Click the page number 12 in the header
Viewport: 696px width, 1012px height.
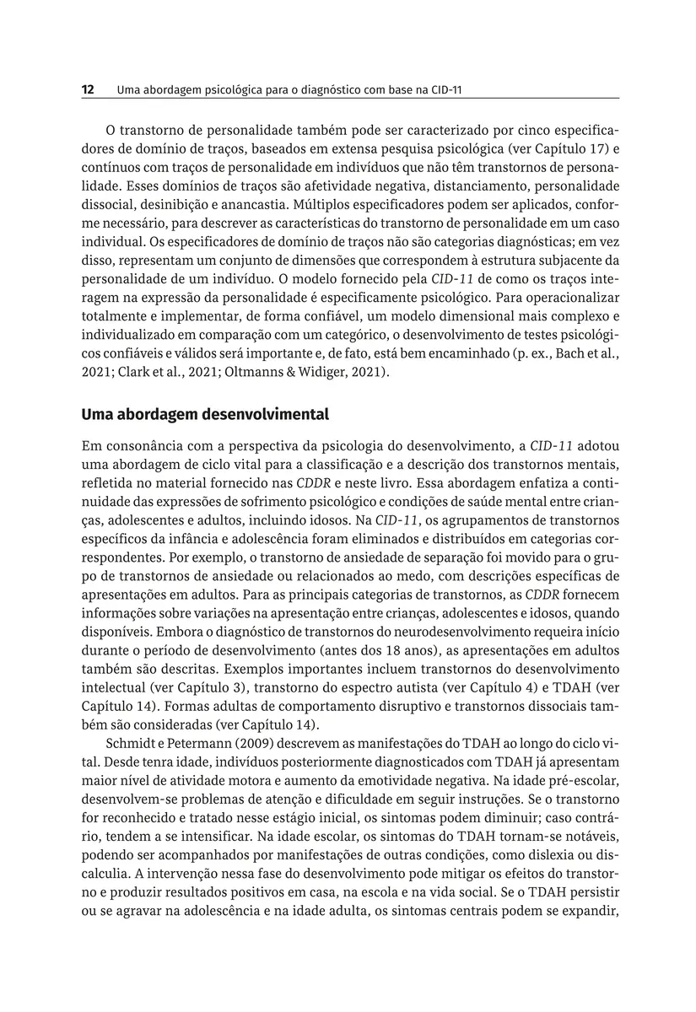(87, 89)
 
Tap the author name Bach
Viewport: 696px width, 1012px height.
(559, 352)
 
